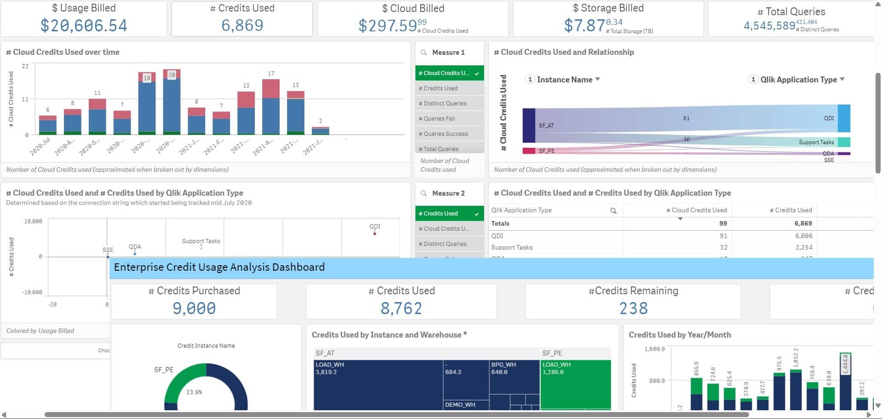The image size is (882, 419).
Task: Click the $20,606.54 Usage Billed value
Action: [84, 25]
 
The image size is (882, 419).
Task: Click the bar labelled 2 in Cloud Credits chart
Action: [320, 131]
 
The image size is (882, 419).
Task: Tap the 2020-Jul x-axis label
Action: [40, 145]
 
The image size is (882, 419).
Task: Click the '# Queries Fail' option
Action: [439, 119]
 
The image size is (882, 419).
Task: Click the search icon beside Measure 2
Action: [424, 193]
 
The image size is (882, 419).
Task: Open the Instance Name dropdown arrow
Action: [598, 79]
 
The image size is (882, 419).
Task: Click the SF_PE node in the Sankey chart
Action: [529, 151]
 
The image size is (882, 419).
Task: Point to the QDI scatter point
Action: [375, 234]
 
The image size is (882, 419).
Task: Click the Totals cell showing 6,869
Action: [803, 223]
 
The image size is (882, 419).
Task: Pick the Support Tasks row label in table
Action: [512, 247]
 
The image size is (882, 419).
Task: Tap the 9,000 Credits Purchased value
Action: [194, 308]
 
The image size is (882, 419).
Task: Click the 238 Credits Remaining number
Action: [633, 308]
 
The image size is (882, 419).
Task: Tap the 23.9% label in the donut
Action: [194, 392]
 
